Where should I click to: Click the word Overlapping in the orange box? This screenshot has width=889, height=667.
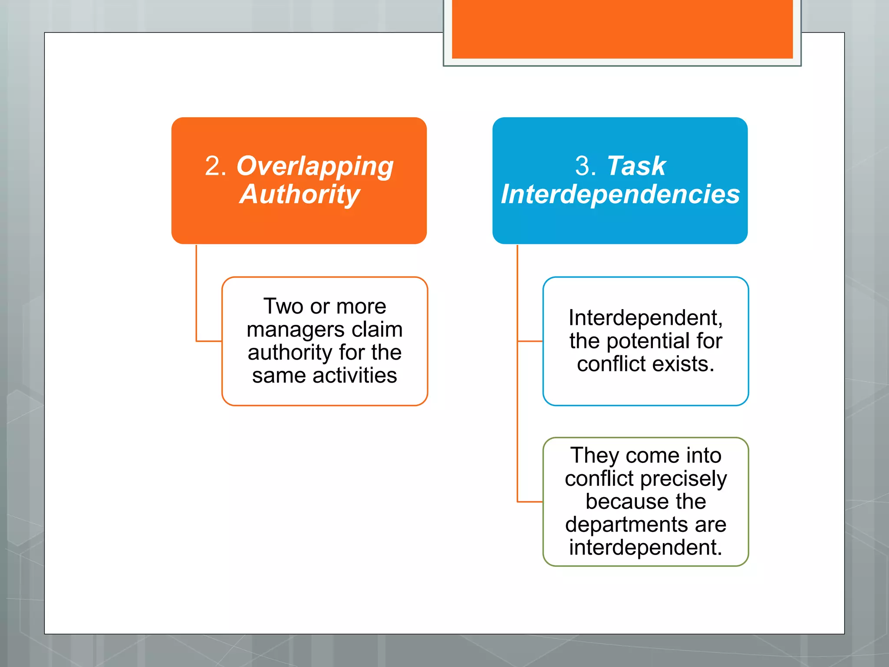click(x=315, y=166)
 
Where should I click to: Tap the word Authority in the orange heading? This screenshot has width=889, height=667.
click(x=300, y=194)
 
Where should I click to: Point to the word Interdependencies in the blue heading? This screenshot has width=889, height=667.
click(x=620, y=194)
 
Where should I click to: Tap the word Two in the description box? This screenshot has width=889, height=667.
click(x=283, y=306)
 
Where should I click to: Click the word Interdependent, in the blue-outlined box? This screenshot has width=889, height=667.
click(x=645, y=318)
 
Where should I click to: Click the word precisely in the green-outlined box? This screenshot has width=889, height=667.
click(x=683, y=479)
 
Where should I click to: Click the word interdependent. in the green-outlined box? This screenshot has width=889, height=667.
click(x=645, y=548)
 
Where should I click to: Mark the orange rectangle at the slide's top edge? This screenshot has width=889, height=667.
click(x=622, y=29)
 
